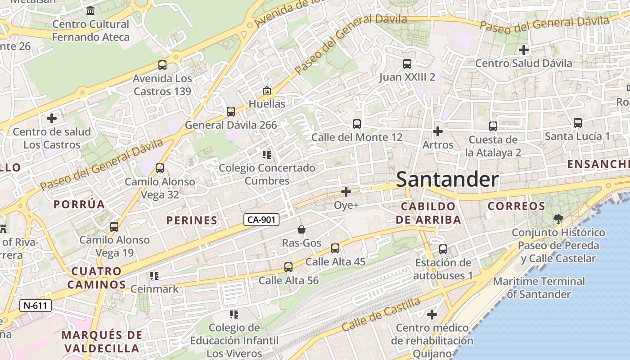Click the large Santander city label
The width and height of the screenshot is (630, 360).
(x=447, y=180)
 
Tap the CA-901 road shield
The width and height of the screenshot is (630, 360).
(x=261, y=220)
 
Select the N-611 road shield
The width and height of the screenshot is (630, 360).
(x=36, y=306)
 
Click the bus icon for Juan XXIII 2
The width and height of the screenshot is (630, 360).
(x=407, y=63)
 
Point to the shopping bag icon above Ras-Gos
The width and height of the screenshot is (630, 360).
(x=301, y=229)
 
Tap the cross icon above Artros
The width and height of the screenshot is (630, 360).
(x=438, y=131)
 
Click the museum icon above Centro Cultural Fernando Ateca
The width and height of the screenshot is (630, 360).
(x=90, y=10)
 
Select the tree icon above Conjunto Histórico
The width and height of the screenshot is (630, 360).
(x=558, y=219)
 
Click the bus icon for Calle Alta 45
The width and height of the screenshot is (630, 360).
(x=335, y=248)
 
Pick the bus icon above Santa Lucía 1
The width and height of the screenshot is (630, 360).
(x=578, y=122)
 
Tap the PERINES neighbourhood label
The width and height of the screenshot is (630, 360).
(x=192, y=220)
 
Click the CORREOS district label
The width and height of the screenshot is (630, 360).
(x=517, y=206)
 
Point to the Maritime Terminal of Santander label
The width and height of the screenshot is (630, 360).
(x=539, y=288)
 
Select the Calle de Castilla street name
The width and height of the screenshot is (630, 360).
(x=381, y=314)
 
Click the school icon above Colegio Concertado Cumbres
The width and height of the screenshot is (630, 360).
(x=267, y=155)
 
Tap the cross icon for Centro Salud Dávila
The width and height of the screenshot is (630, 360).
(x=523, y=50)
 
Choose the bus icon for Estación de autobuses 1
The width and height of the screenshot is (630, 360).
(x=443, y=249)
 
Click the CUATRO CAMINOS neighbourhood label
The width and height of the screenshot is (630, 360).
(x=97, y=278)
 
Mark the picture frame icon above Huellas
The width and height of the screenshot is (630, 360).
(x=267, y=90)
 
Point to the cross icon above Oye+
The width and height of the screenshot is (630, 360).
(x=346, y=192)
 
